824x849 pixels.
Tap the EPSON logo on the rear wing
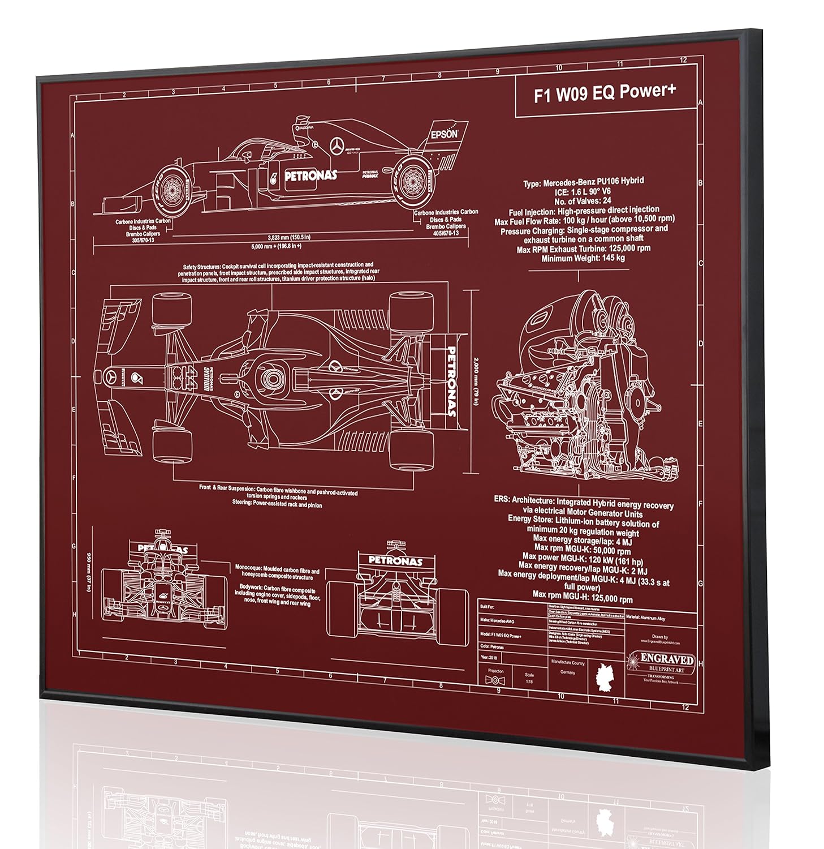click(444, 135)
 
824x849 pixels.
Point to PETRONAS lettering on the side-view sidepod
click(310, 175)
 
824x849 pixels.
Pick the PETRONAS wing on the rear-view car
click(395, 561)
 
